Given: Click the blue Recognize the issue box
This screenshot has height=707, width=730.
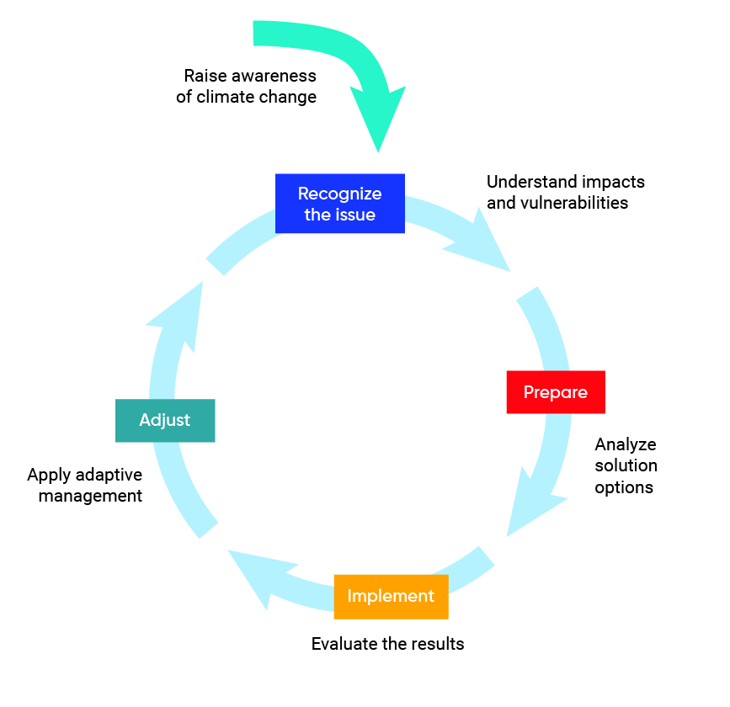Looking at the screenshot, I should pyautogui.click(x=340, y=204).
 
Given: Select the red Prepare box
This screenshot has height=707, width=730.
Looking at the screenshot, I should pyautogui.click(x=556, y=392).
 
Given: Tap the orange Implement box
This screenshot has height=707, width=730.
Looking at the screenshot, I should pyautogui.click(x=391, y=597).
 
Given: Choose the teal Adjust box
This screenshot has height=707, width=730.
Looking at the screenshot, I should pyautogui.click(x=165, y=420).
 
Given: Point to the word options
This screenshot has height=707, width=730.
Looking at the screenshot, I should pyautogui.click(x=624, y=487).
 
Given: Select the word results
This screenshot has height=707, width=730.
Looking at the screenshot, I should pyautogui.click(x=438, y=644).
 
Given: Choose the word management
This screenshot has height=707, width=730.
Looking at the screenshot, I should pyautogui.click(x=90, y=496).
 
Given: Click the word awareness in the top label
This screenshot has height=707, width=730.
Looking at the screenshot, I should pyautogui.click(x=274, y=75).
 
